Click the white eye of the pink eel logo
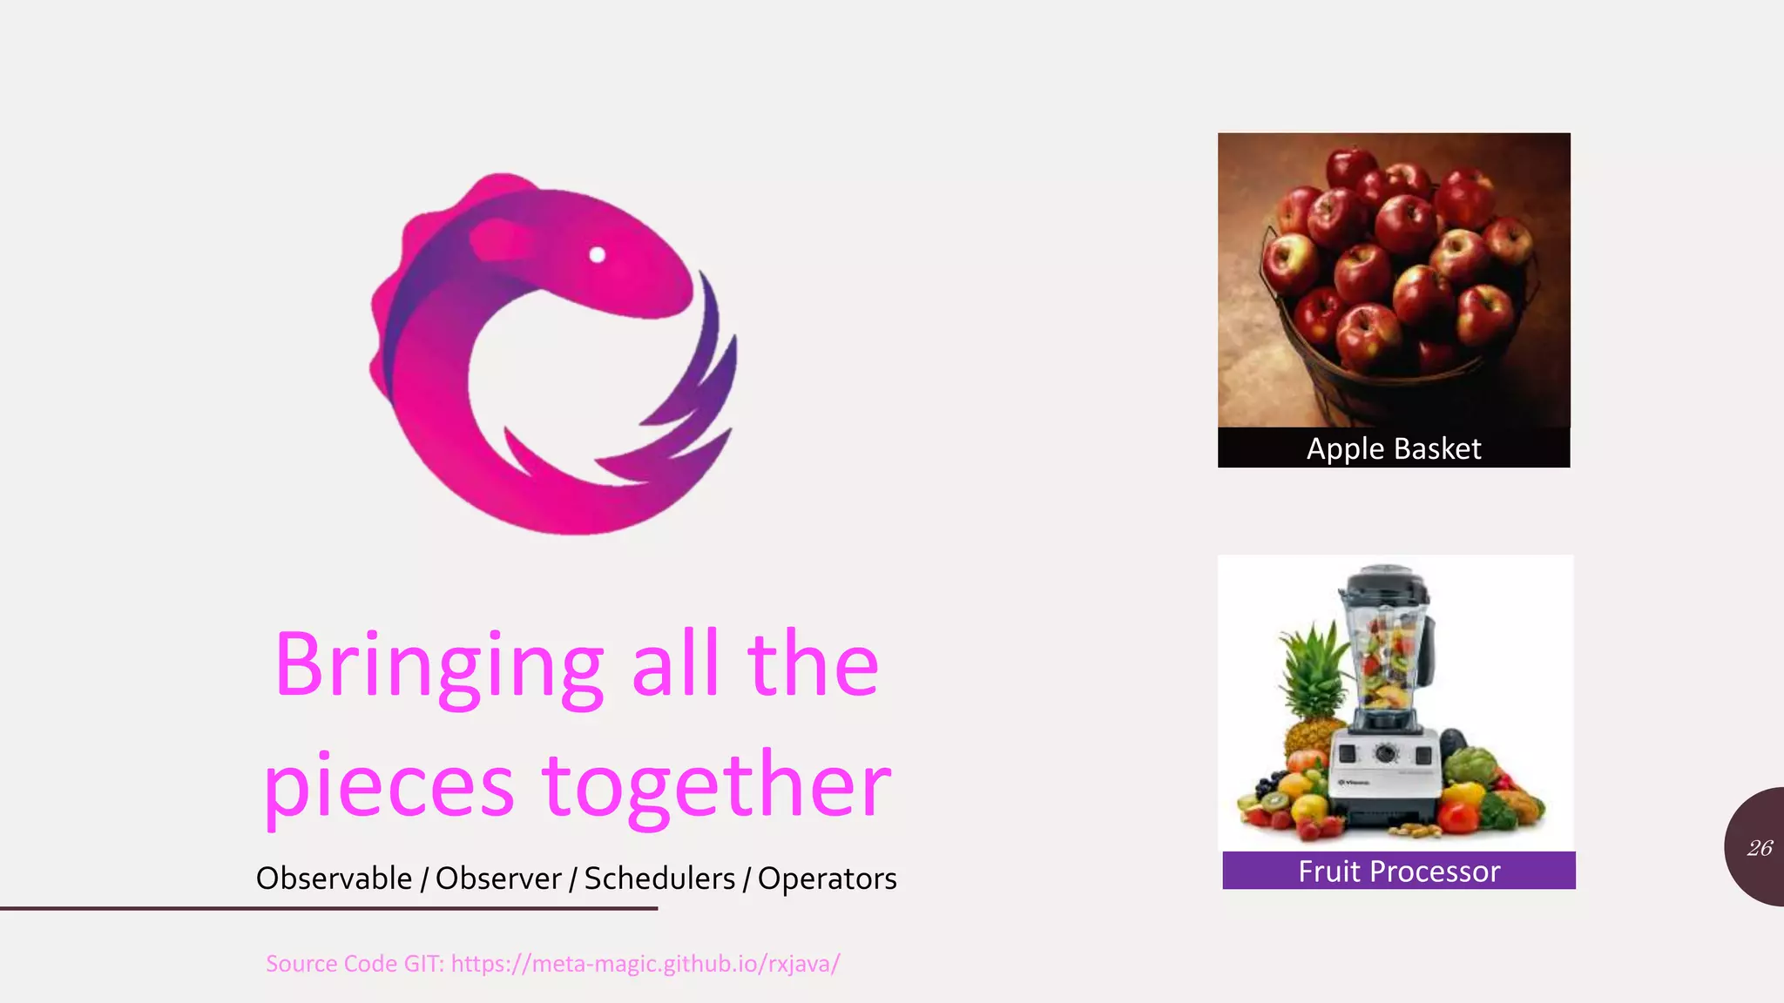click(598, 254)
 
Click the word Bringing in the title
click(438, 666)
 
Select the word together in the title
click(717, 786)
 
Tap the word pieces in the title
click(389, 786)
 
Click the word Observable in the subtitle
click(334, 878)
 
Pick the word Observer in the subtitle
click(498, 878)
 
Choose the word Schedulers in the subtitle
click(659, 878)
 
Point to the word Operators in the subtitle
click(827, 878)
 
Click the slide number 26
click(1760, 848)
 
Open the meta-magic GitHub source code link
click(645, 964)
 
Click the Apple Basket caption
click(1394, 448)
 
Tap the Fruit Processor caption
click(1399, 871)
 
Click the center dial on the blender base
click(1385, 753)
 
